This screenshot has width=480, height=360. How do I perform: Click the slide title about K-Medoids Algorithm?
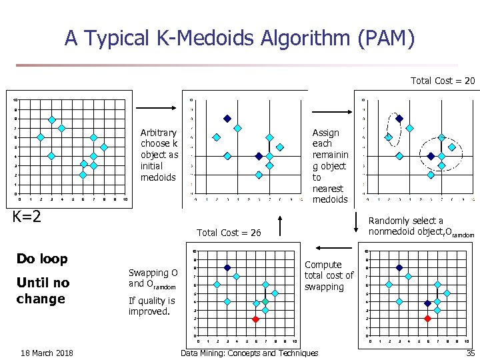pos(240,38)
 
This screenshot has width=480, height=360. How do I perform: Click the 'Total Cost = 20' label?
pos(443,81)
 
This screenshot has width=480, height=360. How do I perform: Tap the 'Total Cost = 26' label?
pos(229,233)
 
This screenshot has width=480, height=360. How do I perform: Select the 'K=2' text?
pos(27,216)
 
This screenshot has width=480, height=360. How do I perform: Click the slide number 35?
pos(470,353)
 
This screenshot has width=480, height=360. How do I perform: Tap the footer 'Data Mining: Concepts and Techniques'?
pos(249,353)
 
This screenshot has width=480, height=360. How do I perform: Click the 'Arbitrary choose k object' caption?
pos(159,155)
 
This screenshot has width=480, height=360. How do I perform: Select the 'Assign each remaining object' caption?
pos(330,166)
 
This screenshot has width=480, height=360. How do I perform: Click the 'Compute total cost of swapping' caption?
pos(329,275)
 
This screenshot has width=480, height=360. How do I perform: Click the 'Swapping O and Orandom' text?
pos(153,278)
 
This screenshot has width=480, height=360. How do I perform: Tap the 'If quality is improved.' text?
pos(151,306)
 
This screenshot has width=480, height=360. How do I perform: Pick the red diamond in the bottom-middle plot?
pos(255,319)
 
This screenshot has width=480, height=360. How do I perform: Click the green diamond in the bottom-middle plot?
pos(265,302)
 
